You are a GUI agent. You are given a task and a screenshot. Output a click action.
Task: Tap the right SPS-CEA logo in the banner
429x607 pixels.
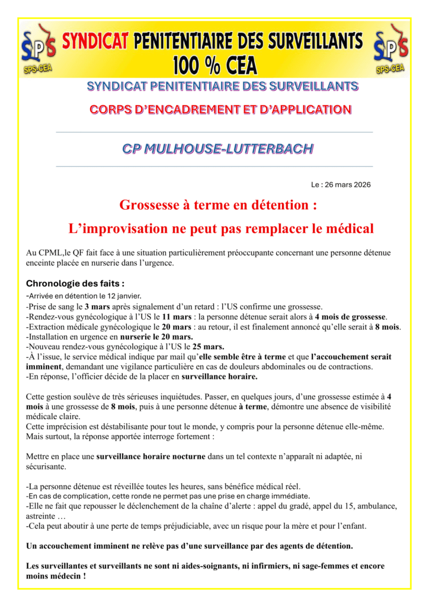(390, 49)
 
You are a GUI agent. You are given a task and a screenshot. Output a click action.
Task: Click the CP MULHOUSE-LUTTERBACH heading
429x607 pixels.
(217, 149)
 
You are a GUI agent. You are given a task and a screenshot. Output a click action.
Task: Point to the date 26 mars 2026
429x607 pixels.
(349, 185)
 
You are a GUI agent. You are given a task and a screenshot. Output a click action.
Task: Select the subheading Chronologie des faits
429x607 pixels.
(75, 283)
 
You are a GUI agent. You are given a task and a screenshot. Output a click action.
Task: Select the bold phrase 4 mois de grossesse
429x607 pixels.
(350, 317)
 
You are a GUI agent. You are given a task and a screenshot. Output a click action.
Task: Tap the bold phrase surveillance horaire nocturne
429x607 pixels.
(151, 456)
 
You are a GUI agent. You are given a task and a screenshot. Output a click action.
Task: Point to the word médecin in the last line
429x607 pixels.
(63, 576)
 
